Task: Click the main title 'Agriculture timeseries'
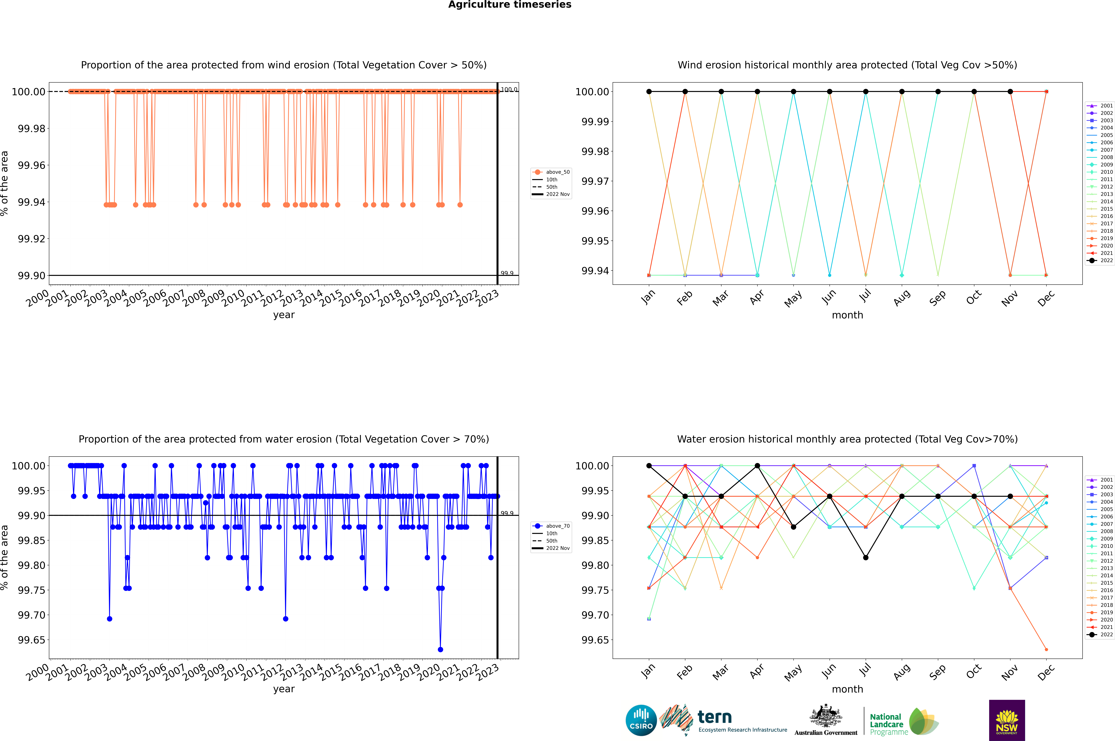click(510, 5)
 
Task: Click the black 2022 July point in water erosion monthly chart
click(865, 558)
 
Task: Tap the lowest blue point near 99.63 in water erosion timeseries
click(441, 649)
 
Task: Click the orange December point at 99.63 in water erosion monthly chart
click(1046, 649)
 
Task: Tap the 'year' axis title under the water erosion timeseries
click(284, 689)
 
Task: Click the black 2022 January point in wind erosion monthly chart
click(649, 92)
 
